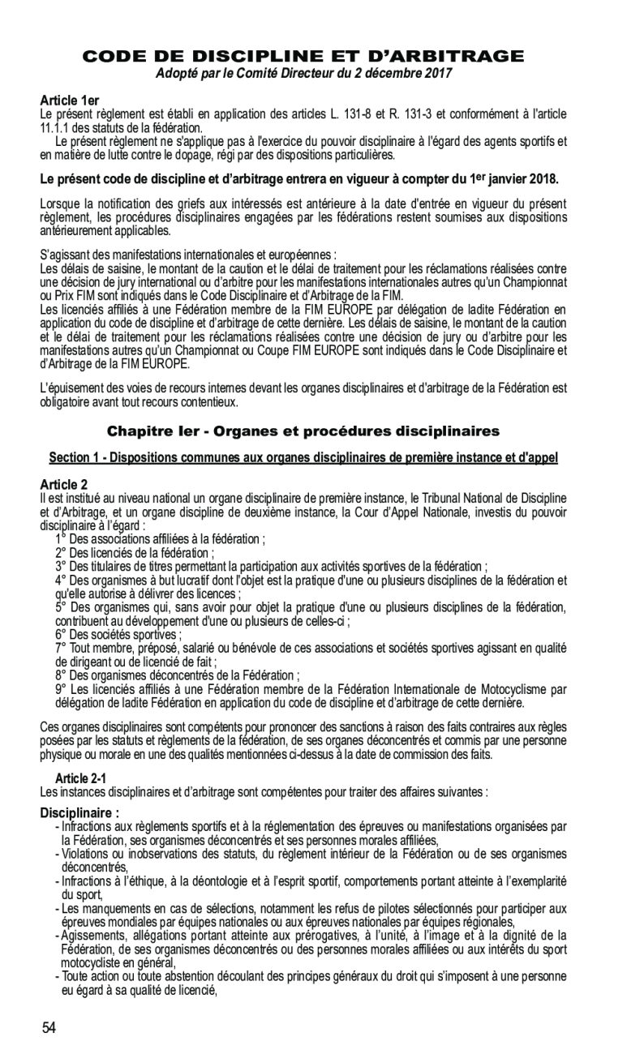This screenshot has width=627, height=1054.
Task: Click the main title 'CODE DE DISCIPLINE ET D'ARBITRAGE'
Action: (304, 57)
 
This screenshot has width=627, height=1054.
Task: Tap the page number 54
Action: (49, 1028)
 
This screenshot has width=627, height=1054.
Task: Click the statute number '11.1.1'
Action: (54, 126)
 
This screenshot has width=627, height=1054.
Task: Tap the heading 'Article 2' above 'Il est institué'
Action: (64, 484)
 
